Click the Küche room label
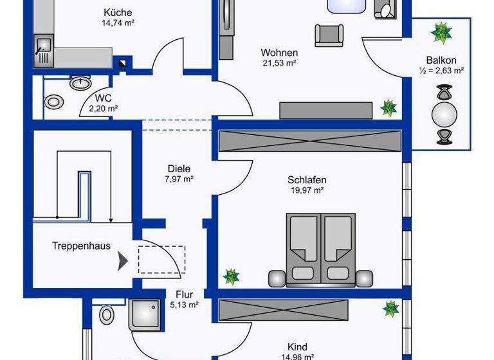pyautogui.click(x=116, y=12)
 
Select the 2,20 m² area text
pyautogui.click(x=104, y=109)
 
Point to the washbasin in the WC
pyautogui.click(x=80, y=83)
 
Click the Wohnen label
pyautogui.click(x=279, y=52)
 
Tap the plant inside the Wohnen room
pyautogui.click(x=388, y=107)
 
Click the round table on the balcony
pyautogui.click(x=444, y=116)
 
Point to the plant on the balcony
pyautogui.click(x=441, y=32)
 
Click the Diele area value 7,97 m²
pyautogui.click(x=179, y=179)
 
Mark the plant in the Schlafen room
pyautogui.click(x=231, y=276)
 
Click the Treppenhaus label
pyautogui.click(x=81, y=246)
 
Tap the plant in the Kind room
pyautogui.click(x=390, y=309)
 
